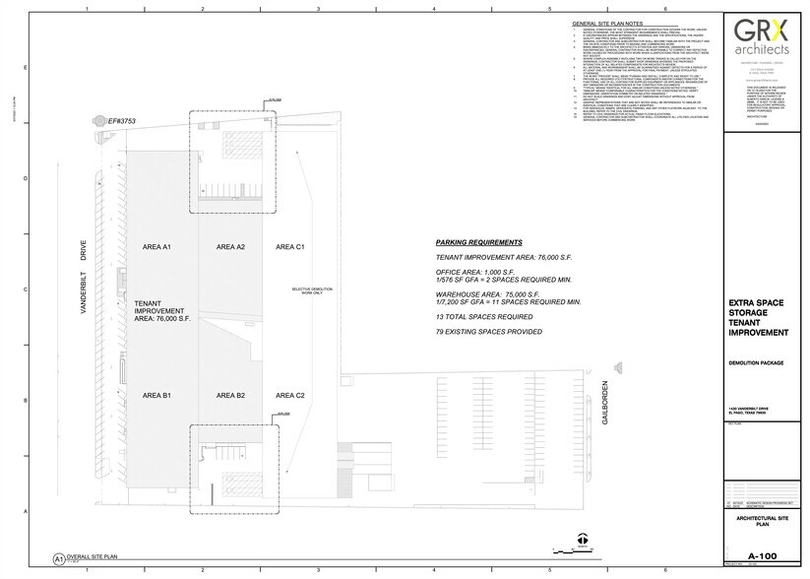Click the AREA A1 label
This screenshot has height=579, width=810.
tap(157, 246)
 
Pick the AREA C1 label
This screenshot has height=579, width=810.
tap(290, 246)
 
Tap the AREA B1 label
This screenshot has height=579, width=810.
tap(157, 395)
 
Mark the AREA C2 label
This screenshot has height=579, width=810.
tap(290, 395)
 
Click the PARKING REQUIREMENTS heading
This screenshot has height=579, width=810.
tap(479, 242)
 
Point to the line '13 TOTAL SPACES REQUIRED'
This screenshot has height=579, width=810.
tap(484, 317)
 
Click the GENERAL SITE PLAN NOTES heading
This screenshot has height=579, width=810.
tap(609, 24)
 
